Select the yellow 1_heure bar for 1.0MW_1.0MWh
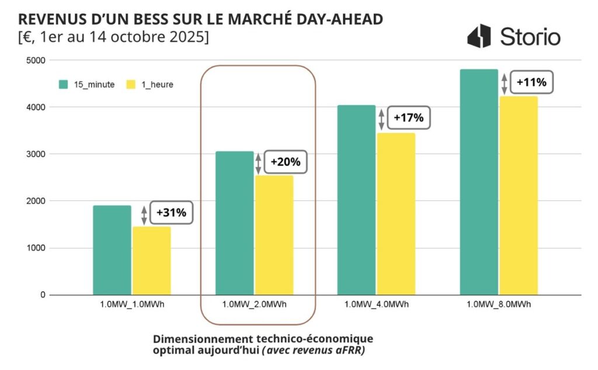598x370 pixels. point(152,260)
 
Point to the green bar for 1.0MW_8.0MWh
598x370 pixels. point(479,182)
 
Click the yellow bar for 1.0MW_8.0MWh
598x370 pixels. point(519,196)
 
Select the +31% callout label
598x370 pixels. point(171,213)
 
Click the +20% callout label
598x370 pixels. point(286,162)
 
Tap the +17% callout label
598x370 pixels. point(408,118)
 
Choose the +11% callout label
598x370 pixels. point(531,82)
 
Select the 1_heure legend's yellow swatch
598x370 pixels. point(131,84)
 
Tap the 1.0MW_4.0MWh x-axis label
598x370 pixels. point(376,305)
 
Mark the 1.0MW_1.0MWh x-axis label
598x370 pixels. point(132,305)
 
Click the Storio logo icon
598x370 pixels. point(480,36)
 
